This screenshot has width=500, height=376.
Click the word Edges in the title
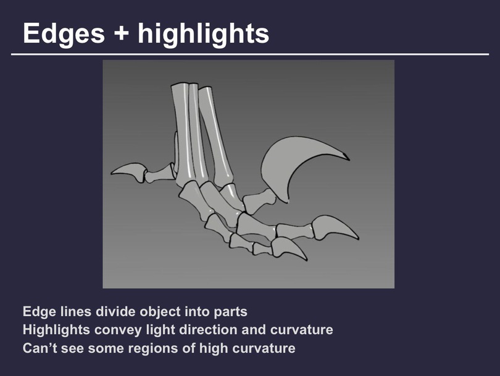tap(64, 34)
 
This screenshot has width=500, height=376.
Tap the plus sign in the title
tap(121, 33)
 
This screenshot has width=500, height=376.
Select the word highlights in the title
tap(204, 34)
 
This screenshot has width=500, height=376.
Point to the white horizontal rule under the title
tap(250, 54)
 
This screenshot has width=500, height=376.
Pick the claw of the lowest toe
tap(287, 247)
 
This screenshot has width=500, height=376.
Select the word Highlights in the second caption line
tap(56, 330)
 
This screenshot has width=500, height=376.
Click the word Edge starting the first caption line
tap(39, 312)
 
